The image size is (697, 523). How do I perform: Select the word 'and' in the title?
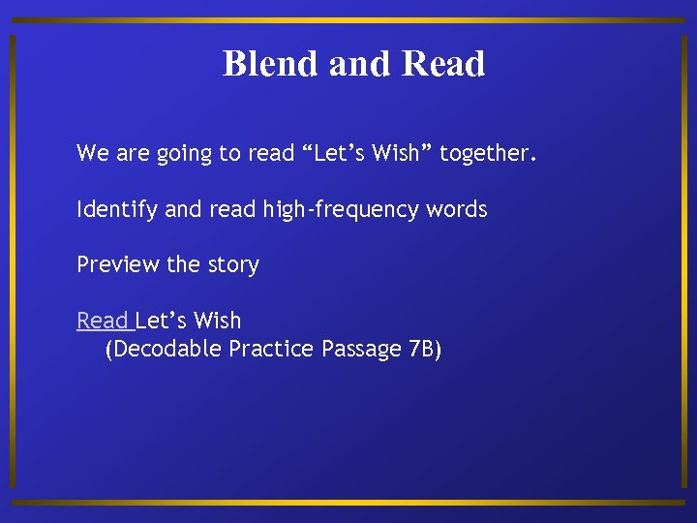click(x=358, y=64)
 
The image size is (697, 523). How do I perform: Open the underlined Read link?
click(x=102, y=321)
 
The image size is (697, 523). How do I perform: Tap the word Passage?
click(x=358, y=350)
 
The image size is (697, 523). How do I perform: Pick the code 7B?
click(x=423, y=349)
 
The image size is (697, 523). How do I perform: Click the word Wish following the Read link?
click(x=217, y=321)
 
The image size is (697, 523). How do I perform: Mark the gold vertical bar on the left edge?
click(x=12, y=261)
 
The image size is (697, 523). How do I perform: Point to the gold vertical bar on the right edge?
click(x=686, y=261)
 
